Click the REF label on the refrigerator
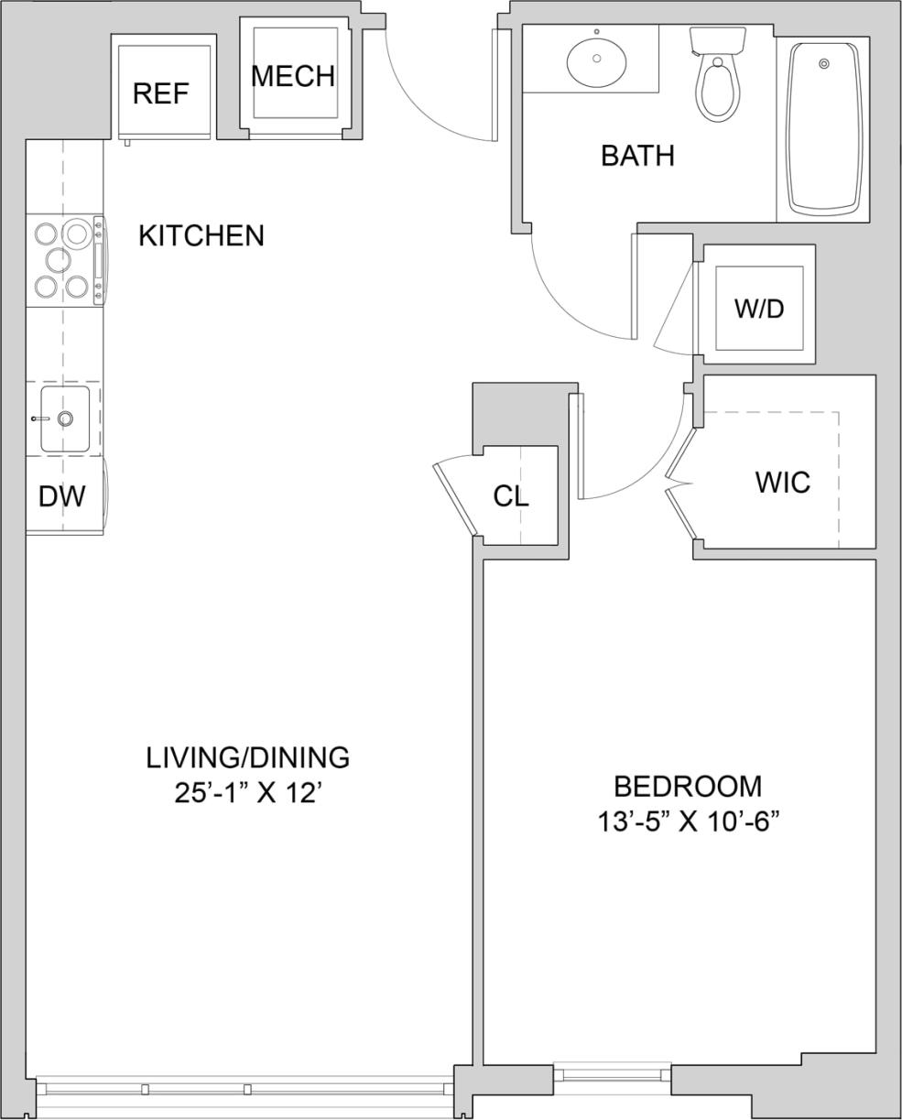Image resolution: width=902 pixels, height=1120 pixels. pyautogui.click(x=160, y=93)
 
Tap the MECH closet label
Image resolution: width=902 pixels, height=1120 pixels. pyautogui.click(x=292, y=76)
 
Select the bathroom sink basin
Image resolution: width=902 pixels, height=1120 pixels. pyautogui.click(x=596, y=59)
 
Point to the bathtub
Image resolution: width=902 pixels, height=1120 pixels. pyautogui.click(x=823, y=127)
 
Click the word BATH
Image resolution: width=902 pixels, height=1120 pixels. pyautogui.click(x=637, y=156)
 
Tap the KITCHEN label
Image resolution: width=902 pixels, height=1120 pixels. pyautogui.click(x=201, y=236)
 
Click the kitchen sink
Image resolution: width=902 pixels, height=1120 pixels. pyautogui.click(x=65, y=419)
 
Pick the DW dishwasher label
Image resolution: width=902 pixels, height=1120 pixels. pyautogui.click(x=61, y=496)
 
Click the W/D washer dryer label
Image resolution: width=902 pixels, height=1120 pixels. pyautogui.click(x=759, y=309)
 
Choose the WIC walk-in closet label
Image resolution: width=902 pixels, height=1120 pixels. pyautogui.click(x=782, y=482)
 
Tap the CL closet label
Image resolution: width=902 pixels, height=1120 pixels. pyautogui.click(x=510, y=495)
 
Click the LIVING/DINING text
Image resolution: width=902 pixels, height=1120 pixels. pyautogui.click(x=247, y=757)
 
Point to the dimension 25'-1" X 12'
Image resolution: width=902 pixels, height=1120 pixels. pyautogui.click(x=247, y=792)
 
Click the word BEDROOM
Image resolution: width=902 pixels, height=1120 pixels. pyautogui.click(x=687, y=786)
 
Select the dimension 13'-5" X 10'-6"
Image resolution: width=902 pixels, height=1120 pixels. pyautogui.click(x=687, y=821)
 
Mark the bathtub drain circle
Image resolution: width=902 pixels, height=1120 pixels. pyautogui.click(x=823, y=63)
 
